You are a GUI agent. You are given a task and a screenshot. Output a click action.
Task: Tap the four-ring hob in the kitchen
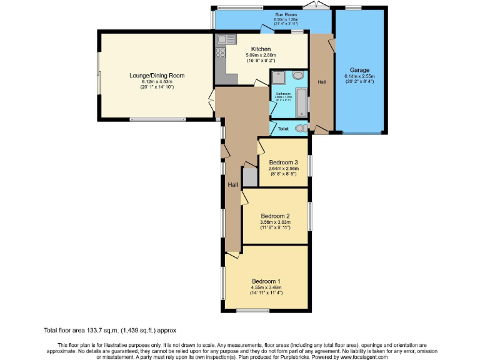click(x=221, y=54)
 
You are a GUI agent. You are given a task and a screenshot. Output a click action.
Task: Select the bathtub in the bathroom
click(x=301, y=102)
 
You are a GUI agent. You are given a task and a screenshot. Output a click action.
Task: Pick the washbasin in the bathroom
click(x=298, y=76)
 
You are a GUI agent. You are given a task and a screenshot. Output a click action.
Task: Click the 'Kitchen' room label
click(x=261, y=49)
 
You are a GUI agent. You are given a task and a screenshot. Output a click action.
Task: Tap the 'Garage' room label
click(x=360, y=71)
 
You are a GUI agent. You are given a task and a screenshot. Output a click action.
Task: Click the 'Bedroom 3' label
click(x=284, y=162)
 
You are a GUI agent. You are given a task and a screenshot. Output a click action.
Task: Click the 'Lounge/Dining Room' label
click(x=157, y=76)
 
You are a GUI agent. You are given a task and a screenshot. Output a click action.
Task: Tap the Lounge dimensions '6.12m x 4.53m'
click(x=157, y=81)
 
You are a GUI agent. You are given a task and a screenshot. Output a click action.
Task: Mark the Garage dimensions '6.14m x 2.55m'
click(x=360, y=76)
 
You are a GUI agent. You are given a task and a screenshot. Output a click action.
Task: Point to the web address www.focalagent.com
click(x=364, y=357)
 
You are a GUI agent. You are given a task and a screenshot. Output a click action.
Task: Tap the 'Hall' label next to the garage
click(x=321, y=82)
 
